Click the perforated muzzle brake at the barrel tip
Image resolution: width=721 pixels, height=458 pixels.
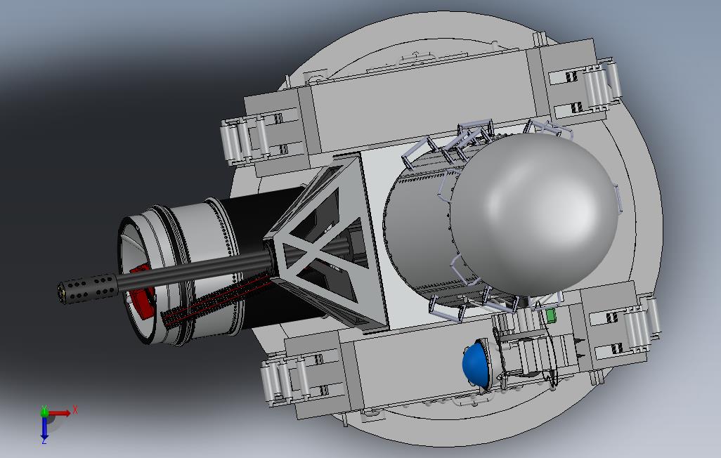87,288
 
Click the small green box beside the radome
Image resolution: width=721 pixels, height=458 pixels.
550,316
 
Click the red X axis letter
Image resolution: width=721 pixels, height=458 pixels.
75,410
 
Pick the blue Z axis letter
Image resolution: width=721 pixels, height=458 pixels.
44,440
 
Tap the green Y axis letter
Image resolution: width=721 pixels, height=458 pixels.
44,408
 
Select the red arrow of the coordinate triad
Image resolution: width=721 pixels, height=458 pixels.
59,413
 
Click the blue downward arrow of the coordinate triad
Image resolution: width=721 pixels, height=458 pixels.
44,426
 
